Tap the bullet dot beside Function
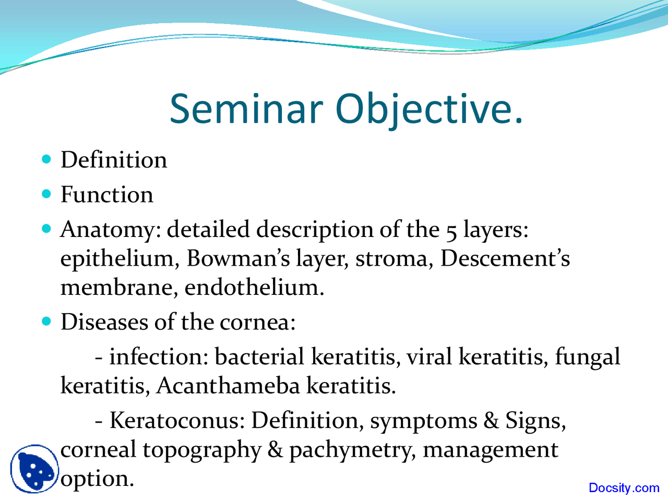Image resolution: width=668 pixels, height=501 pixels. click(47, 194)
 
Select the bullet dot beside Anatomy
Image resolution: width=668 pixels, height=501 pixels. click(47, 229)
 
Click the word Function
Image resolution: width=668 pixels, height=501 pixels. click(107, 195)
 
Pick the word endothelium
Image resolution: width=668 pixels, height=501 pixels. click(254, 287)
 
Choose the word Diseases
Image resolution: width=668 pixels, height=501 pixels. click(104, 322)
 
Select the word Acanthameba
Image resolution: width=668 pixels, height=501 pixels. click(228, 386)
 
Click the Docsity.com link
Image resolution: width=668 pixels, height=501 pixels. click(624, 488)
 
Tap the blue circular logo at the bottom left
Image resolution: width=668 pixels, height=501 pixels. click(33, 468)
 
